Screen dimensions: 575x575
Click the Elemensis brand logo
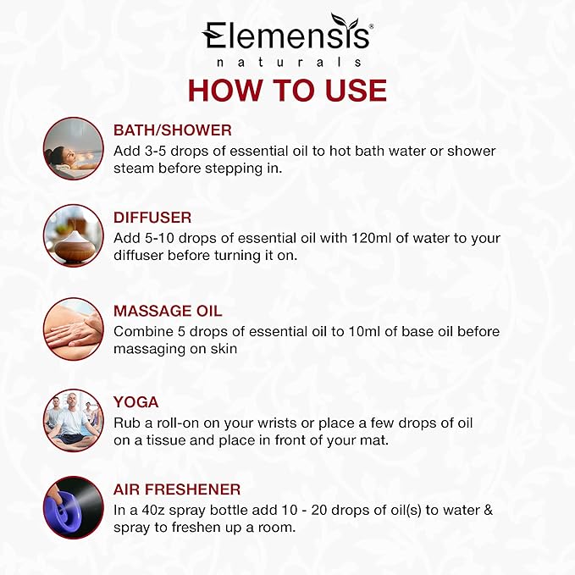pos(286,36)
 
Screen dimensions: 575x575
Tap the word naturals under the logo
pos(286,63)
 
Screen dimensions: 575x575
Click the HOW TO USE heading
pos(287,91)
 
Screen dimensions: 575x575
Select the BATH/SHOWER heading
pos(173,130)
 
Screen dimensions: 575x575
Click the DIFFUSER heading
pos(152,218)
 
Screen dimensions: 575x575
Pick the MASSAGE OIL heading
pos(168,311)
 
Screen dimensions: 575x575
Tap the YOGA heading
pos(135,402)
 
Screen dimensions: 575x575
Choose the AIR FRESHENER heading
pos(177,489)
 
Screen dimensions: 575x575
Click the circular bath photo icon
pos(73,148)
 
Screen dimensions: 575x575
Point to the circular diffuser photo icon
pos(73,235)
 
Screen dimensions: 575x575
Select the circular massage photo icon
pos(73,329)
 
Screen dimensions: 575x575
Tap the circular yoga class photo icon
pos(73,418)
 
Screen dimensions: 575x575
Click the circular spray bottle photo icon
pos(73,507)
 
